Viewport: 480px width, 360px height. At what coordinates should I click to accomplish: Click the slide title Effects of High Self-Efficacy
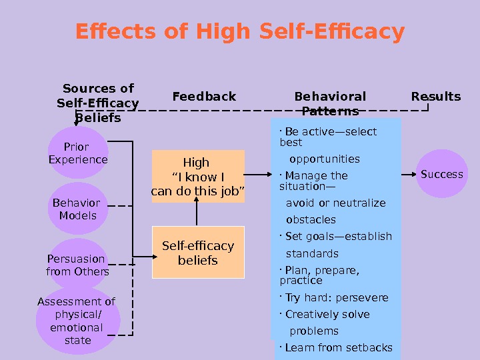240,31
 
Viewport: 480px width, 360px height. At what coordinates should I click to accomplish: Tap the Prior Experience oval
78,153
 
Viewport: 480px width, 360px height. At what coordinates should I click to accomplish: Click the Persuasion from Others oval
78,265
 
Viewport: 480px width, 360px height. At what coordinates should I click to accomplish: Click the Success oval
441,175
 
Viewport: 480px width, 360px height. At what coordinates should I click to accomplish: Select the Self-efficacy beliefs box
198,253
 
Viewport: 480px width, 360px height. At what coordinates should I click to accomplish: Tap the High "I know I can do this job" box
198,177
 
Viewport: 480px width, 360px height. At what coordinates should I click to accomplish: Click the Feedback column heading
204,97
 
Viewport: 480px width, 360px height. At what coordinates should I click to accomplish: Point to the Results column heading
435,97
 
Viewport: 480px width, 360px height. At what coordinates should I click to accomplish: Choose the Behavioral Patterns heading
330,103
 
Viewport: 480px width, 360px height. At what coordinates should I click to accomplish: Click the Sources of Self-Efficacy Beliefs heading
97,103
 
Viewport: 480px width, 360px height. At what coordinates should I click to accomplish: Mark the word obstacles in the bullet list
311,220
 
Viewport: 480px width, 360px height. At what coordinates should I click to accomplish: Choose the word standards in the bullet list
312,254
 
